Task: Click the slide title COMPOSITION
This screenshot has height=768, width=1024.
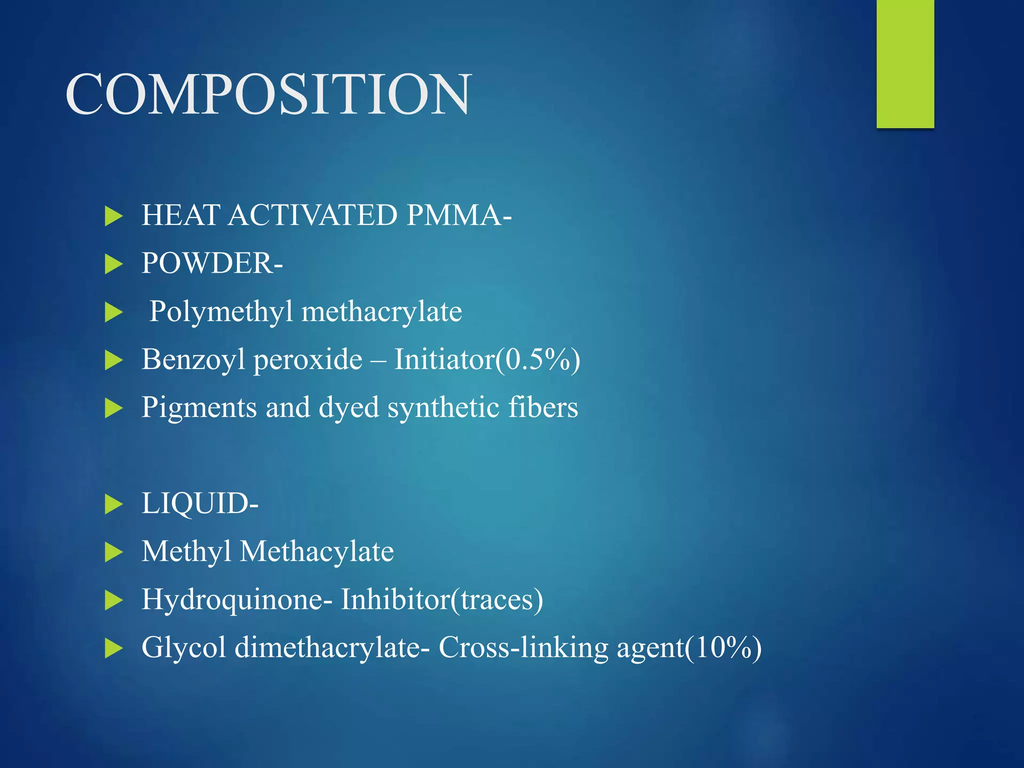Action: tap(268, 94)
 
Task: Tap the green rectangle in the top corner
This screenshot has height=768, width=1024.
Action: tap(905, 63)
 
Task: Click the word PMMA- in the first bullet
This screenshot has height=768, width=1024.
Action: tap(458, 215)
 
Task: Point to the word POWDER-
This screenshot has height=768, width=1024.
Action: tap(212, 263)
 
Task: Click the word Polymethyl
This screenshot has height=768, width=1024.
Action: tap(221, 312)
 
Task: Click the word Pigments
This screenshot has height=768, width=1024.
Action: tap(199, 407)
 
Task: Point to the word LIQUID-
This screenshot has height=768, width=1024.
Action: tap(200, 503)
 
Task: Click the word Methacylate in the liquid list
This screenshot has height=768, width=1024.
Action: tap(317, 551)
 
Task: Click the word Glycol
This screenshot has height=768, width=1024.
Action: tap(183, 647)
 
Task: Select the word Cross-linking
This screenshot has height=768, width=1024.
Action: tap(523, 647)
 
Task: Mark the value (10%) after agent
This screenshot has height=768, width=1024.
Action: tap(723, 647)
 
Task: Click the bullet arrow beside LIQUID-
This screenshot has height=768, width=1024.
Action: tap(114, 504)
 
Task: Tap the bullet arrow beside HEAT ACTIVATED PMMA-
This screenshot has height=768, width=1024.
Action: tap(114, 216)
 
